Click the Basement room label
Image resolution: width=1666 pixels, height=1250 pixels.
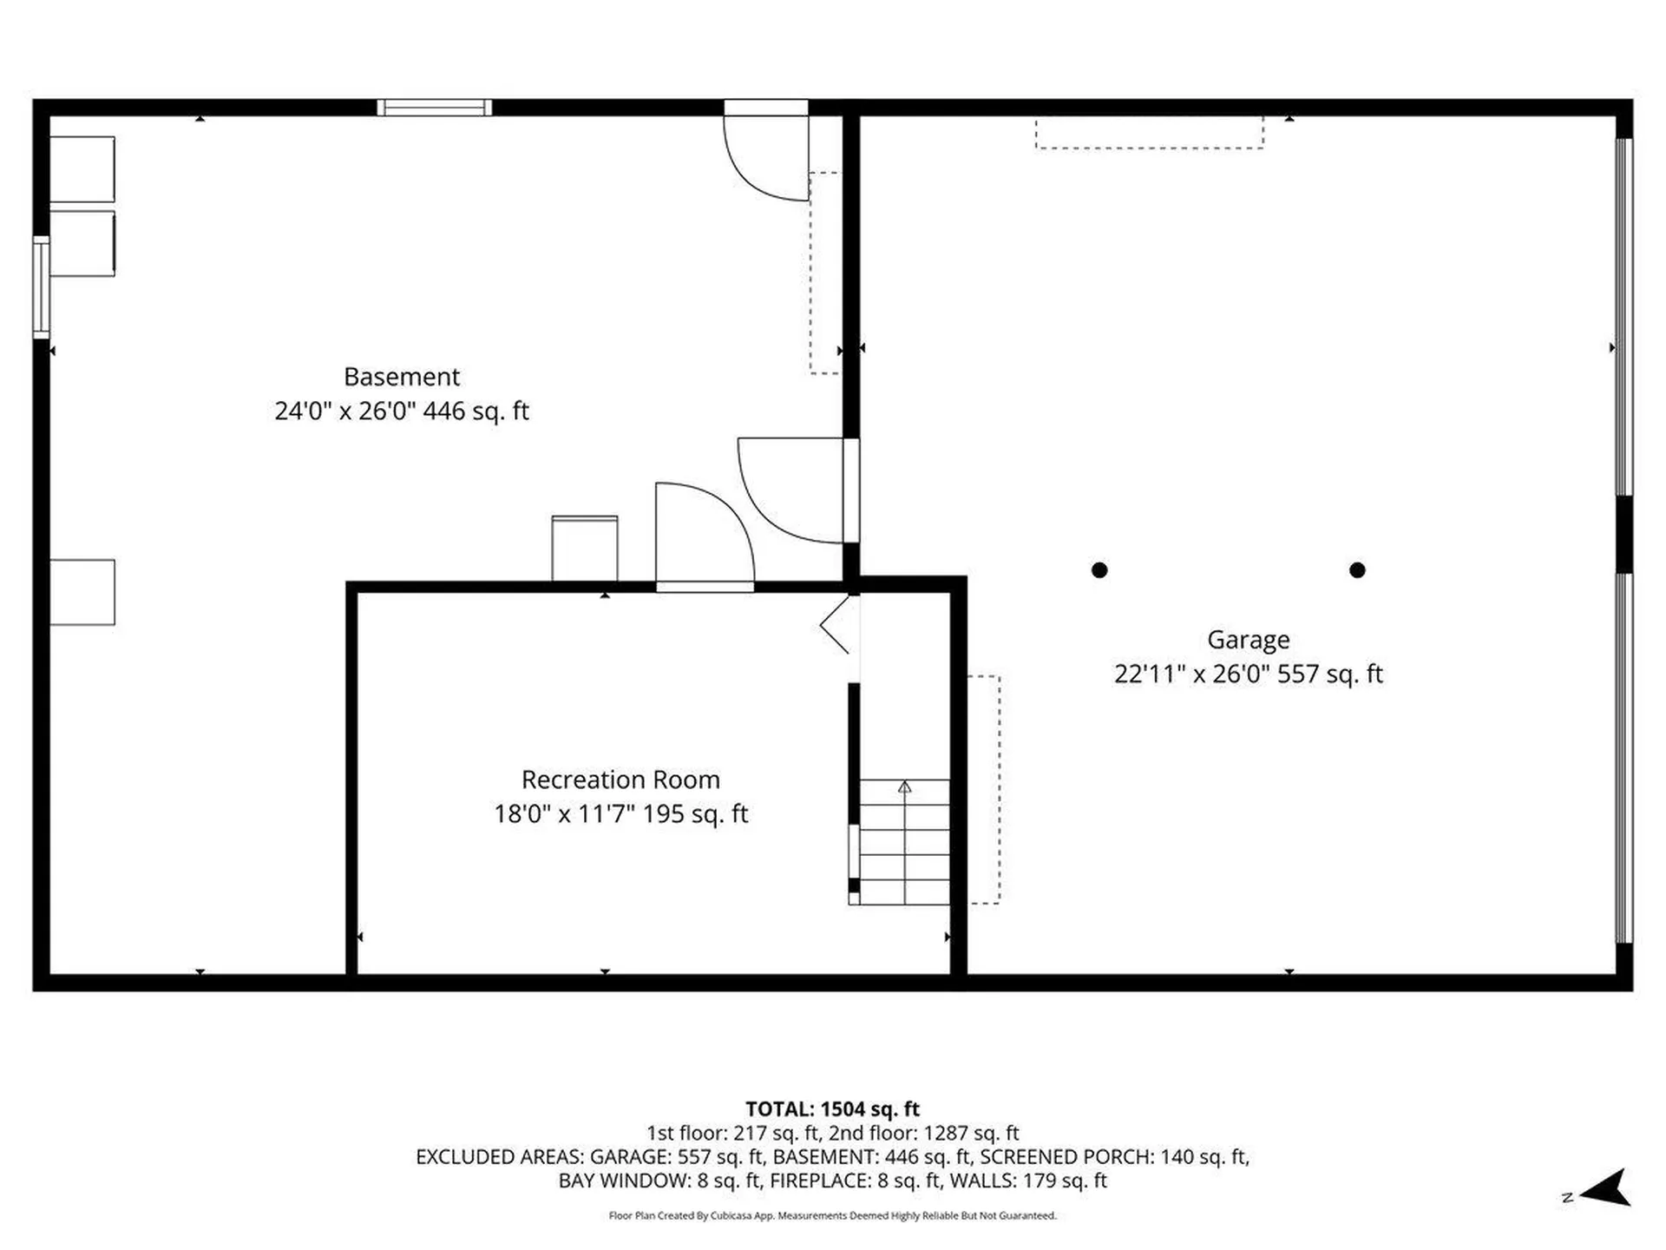[x=401, y=377]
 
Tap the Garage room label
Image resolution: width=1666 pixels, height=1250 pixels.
[x=1248, y=640]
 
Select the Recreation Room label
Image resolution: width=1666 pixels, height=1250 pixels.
[x=620, y=780]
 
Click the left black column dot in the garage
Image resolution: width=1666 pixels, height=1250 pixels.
[x=1099, y=570]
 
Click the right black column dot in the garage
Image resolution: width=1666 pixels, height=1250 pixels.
[x=1357, y=570]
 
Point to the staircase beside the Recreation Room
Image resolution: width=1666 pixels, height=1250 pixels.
[x=904, y=842]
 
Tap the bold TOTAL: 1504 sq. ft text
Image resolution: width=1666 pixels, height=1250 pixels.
[x=832, y=1109]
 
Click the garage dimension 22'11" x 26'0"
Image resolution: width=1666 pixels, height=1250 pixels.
[x=1191, y=674]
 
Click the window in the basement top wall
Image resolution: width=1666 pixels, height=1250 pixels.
[x=434, y=108]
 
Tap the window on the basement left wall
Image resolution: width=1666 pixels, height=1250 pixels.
[x=41, y=286]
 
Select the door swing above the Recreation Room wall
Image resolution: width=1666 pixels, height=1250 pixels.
[x=703, y=534]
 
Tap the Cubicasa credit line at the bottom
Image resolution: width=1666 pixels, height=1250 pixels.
[x=832, y=1215]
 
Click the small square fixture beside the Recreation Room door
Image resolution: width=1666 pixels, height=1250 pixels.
[x=585, y=549]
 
